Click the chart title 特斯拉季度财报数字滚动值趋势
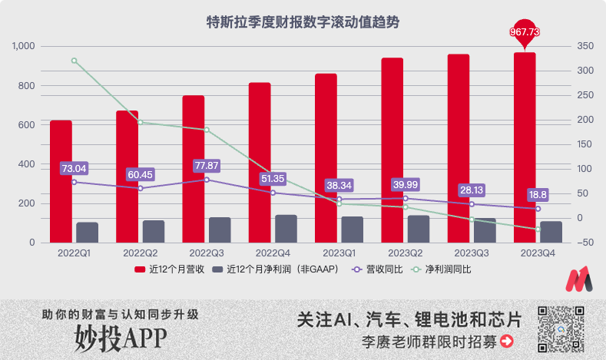303,22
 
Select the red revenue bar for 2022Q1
61,181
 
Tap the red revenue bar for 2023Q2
392,150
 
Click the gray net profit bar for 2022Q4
286,229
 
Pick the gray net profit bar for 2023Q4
551,232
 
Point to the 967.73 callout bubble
525,31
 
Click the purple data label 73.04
74,168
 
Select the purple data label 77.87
207,166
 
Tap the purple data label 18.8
538,195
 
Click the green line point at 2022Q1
74,61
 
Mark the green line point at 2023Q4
538,229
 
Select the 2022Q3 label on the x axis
206,253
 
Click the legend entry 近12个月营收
168,269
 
